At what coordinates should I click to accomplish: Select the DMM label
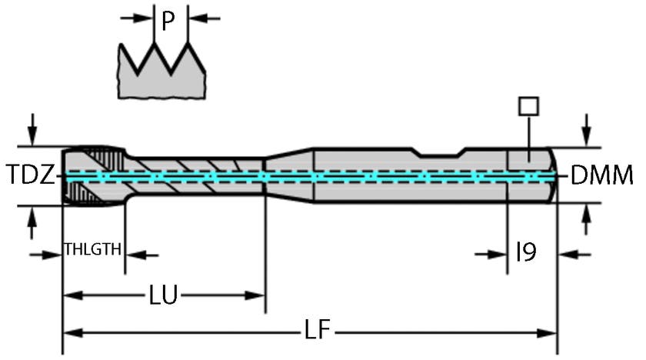pyautogui.click(x=602, y=176)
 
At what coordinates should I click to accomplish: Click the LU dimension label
pyautogui.click(x=164, y=295)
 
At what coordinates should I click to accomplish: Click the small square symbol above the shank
pyautogui.click(x=528, y=105)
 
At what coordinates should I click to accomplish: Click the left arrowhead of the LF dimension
pyautogui.click(x=69, y=333)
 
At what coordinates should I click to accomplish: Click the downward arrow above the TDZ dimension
pyautogui.click(x=32, y=126)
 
